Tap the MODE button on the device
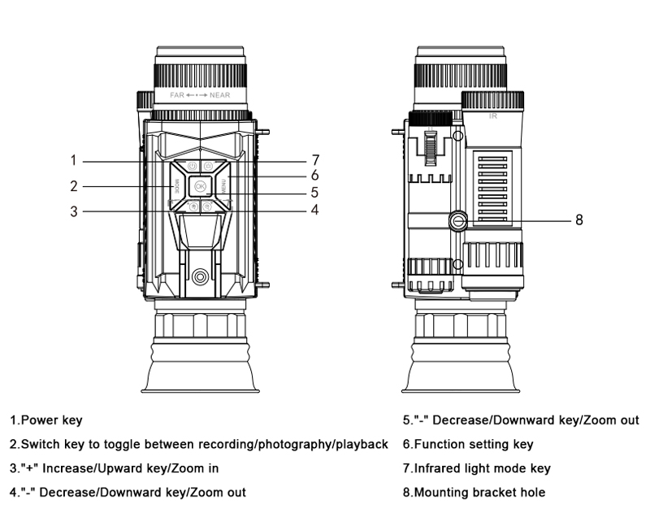coord(176,186)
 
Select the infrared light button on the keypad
coord(208,167)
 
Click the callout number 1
coord(73,160)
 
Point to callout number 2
coord(73,185)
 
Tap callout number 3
coord(73,211)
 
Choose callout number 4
coord(314,210)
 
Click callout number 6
coord(314,175)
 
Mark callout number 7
coord(314,159)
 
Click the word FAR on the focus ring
coord(177,95)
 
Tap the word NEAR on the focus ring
coord(219,95)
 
